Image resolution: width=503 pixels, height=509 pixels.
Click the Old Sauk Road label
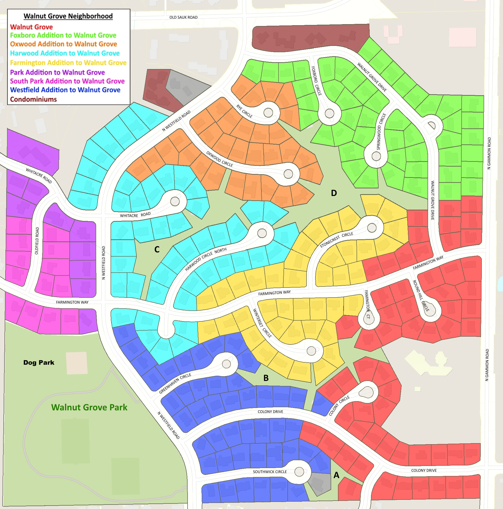pos(183,17)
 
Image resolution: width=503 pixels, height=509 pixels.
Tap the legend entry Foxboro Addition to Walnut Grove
pos(63,35)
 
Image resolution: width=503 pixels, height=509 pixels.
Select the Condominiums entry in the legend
pos(34,99)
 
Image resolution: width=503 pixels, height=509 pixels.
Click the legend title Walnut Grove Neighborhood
pos(68,16)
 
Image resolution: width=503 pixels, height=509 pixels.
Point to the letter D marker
pos(334,193)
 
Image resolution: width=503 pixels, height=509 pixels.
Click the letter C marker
pos(157,249)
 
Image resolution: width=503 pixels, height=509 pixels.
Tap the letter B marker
pos(266,378)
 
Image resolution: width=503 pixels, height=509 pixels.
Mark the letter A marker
pos(336,475)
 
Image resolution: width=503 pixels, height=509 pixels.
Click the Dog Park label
pos(39,363)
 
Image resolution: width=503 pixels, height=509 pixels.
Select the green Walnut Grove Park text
pos(89,407)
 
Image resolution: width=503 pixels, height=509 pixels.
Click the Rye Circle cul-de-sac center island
pos(268,113)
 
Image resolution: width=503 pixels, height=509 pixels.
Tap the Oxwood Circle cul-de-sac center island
pos(288,174)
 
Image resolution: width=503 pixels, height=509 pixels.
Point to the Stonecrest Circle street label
pos(336,240)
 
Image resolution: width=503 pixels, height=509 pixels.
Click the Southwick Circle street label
pos(270,471)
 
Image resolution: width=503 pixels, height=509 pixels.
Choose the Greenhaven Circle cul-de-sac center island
pos(226,364)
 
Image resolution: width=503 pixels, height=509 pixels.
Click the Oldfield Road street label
pos(37,241)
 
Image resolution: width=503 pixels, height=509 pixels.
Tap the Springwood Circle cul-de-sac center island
pos(376,156)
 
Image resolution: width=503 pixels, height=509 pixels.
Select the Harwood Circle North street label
pos(206,259)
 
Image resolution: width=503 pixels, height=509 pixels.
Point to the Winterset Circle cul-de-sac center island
pos(311,351)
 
